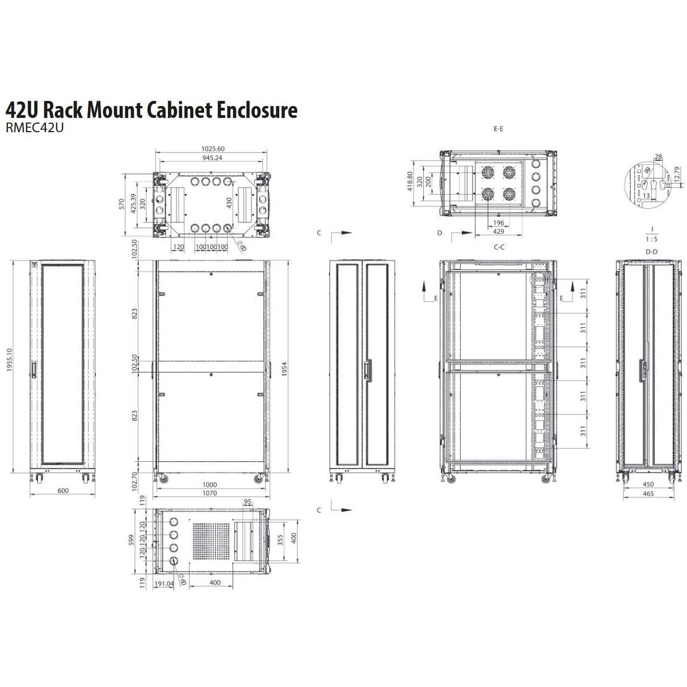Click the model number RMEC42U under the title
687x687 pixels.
coord(34,128)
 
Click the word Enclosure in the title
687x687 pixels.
coord(258,109)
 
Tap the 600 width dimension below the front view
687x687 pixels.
coord(63,491)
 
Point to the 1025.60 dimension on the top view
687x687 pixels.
coord(211,149)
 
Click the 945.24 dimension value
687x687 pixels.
coord(211,158)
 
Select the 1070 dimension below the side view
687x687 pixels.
coord(210,494)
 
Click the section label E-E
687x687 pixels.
coord(498,129)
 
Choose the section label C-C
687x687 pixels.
coord(499,247)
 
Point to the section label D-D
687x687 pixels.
coord(651,251)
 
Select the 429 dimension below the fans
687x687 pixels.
coord(498,231)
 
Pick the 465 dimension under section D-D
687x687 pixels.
coord(648,494)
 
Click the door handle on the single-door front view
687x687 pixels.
coord(35,369)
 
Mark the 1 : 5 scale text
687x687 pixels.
coord(652,239)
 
